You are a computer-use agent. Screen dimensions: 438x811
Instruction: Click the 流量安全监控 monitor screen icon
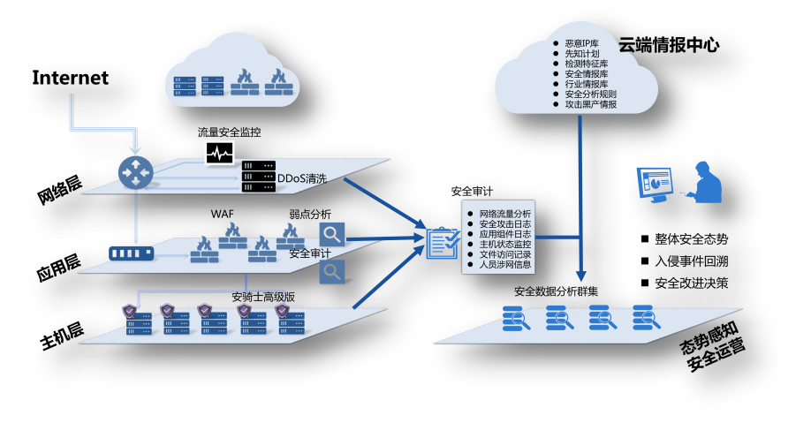pyautogui.click(x=220, y=153)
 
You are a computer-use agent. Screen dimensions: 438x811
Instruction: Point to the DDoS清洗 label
pyautogui.click(x=302, y=179)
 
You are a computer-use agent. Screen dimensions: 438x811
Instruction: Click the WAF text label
pyautogui.click(x=222, y=215)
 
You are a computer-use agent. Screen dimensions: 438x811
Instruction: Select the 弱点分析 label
pyautogui.click(x=310, y=215)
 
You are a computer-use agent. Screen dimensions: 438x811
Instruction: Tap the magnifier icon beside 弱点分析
pyautogui.click(x=331, y=234)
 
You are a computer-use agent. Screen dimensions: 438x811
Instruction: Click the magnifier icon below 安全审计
pyautogui.click(x=331, y=271)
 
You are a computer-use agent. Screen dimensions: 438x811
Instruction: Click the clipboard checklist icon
pyautogui.click(x=441, y=243)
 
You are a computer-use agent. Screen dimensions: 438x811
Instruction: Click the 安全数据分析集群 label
pyautogui.click(x=556, y=291)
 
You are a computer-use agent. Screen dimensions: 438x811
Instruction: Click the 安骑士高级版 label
pyautogui.click(x=262, y=296)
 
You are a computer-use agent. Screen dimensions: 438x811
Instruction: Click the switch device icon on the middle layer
pyautogui.click(x=131, y=253)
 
